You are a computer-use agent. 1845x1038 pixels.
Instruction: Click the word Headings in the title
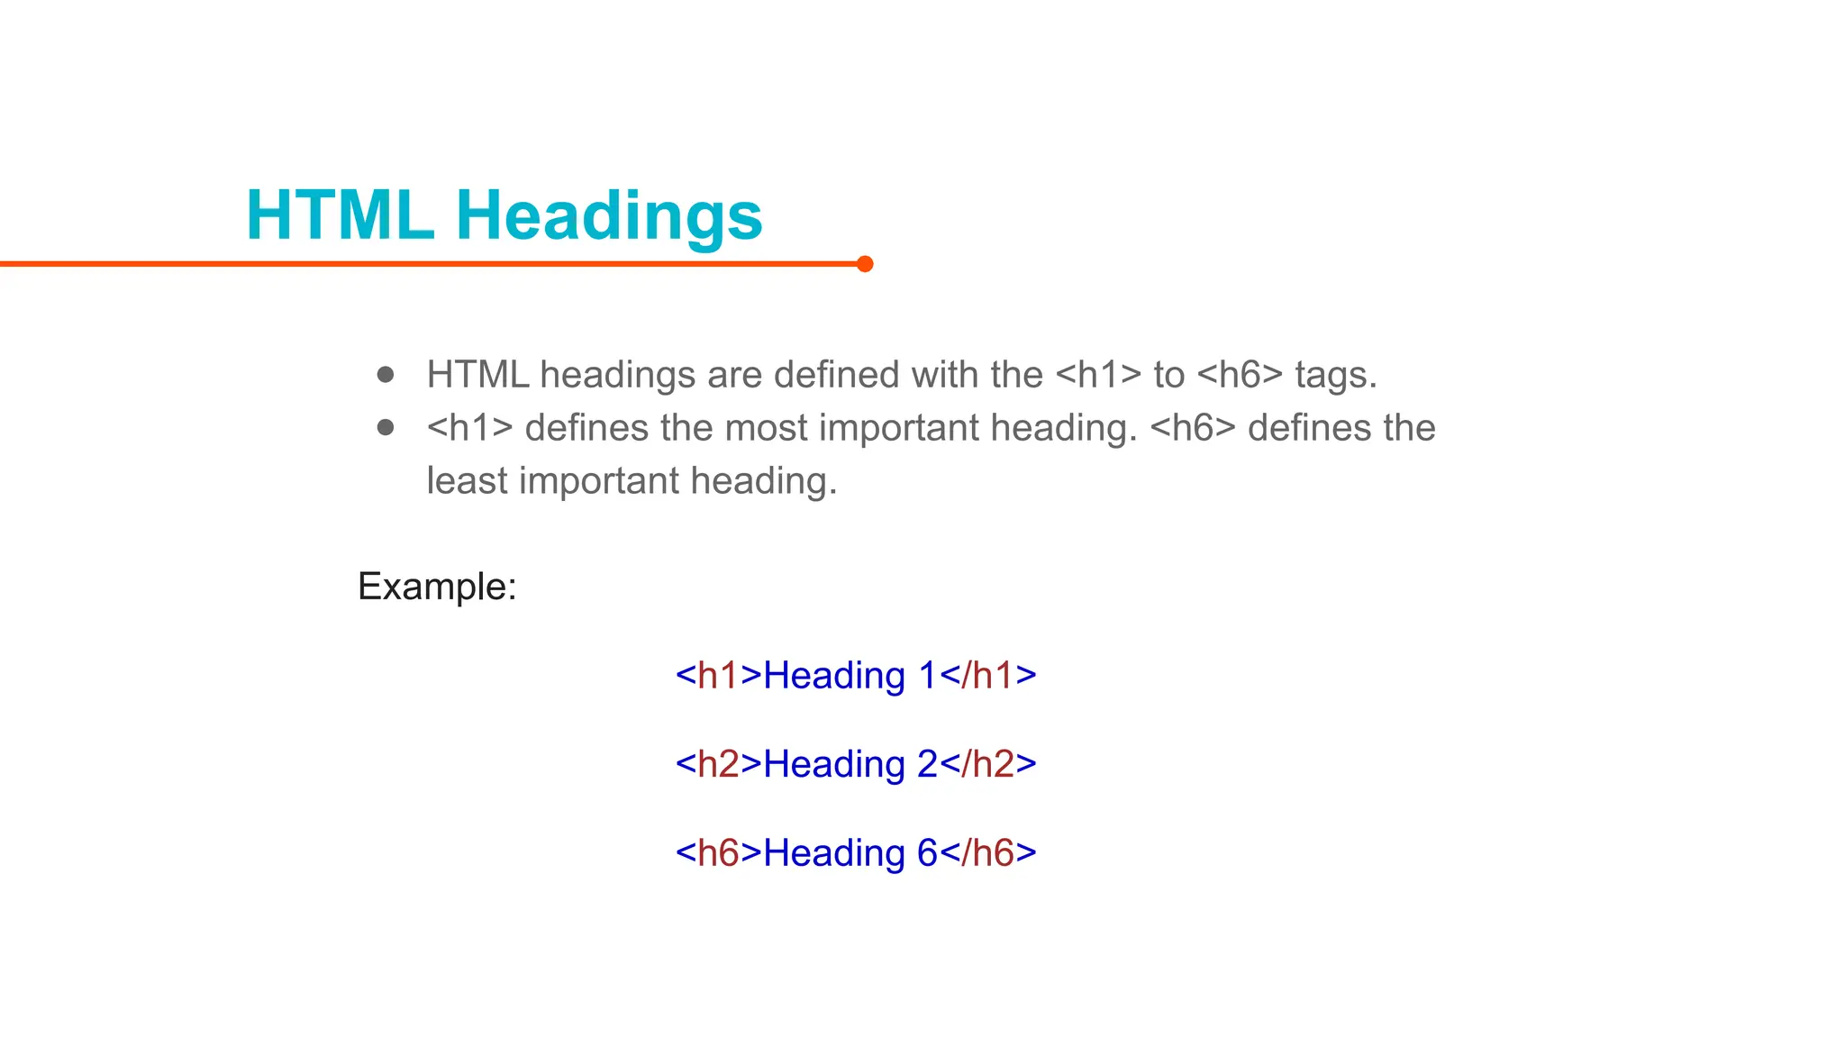pos(609,216)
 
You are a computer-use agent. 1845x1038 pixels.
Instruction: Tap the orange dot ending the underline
pos(865,264)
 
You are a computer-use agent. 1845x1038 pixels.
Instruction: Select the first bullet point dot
pos(386,374)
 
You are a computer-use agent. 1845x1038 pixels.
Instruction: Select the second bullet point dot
pos(386,427)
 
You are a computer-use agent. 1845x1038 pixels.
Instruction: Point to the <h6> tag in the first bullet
pos(1239,375)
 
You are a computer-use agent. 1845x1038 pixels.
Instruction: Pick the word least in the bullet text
pos(467,481)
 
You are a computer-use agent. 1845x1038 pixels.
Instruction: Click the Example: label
pos(437,587)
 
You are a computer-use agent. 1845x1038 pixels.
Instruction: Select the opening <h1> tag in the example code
pos(719,676)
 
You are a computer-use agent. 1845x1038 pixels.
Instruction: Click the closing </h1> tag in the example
pos(988,676)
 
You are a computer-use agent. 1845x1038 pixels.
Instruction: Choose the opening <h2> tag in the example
pos(719,764)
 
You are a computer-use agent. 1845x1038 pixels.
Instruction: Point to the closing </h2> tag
pos(988,764)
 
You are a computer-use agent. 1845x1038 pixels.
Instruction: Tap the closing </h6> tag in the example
pos(988,853)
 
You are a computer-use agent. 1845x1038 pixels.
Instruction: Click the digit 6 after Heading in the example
pos(927,853)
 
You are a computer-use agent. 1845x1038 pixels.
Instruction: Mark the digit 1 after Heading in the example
pos(928,676)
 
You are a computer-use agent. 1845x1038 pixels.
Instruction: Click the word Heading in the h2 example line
pos(834,764)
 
